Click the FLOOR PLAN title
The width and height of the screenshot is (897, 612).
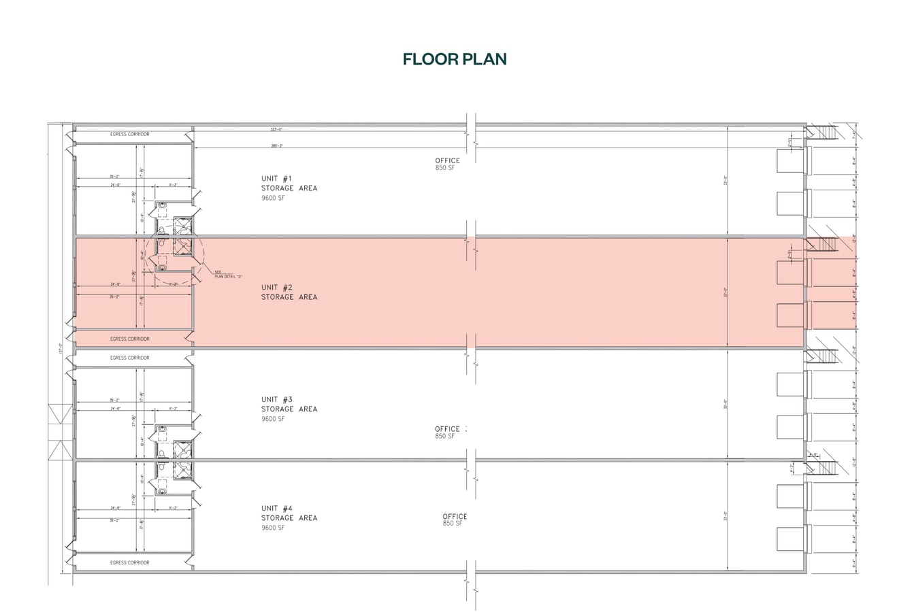point(454,59)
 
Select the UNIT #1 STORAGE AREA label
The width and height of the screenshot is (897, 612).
point(289,184)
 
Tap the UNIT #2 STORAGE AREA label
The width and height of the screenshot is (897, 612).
point(289,292)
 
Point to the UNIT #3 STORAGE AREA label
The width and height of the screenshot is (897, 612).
point(289,405)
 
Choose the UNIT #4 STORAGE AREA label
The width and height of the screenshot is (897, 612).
point(289,513)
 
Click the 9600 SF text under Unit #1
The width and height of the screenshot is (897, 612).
point(273,198)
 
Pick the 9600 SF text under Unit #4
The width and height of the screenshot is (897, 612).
point(273,528)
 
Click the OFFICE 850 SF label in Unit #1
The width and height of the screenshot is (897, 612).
point(447,164)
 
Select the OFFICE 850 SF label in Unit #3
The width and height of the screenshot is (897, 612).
point(449,432)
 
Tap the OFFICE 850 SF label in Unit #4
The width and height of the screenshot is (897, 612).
point(454,520)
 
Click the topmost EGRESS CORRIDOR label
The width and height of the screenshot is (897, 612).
point(129,135)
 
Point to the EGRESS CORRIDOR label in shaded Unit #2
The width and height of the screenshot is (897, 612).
point(129,339)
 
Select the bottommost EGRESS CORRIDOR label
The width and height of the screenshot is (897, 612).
point(129,563)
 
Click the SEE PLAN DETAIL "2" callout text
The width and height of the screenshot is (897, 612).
point(228,274)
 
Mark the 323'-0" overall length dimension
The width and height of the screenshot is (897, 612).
point(276,129)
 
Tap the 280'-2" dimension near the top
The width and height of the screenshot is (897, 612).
point(276,146)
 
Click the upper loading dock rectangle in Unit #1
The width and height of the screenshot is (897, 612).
point(791,161)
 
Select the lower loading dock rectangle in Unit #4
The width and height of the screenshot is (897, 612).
point(791,539)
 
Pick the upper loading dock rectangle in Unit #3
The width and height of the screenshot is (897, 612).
point(791,384)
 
